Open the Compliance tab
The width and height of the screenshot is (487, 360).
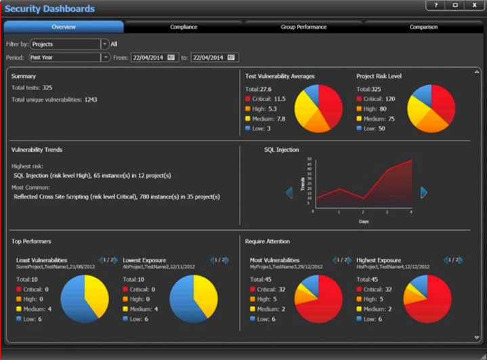[x=184, y=27]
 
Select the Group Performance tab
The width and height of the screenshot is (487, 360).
[x=303, y=27]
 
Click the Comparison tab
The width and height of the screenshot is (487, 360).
[x=423, y=27]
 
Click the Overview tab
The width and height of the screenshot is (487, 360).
[x=64, y=27]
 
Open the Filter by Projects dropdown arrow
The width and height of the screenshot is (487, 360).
[x=105, y=44]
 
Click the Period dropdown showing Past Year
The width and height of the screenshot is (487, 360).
[x=68, y=58]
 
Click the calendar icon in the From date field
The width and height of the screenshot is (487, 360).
[x=171, y=58]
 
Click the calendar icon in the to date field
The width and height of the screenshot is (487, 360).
[x=232, y=58]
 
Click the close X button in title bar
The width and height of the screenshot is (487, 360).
[x=473, y=5]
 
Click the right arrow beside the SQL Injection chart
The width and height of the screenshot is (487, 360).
[x=424, y=193]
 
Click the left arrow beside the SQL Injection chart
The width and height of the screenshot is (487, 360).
[x=289, y=193]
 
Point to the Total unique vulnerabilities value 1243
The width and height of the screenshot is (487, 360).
[x=91, y=100]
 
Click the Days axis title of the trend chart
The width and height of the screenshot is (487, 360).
[x=364, y=221]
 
